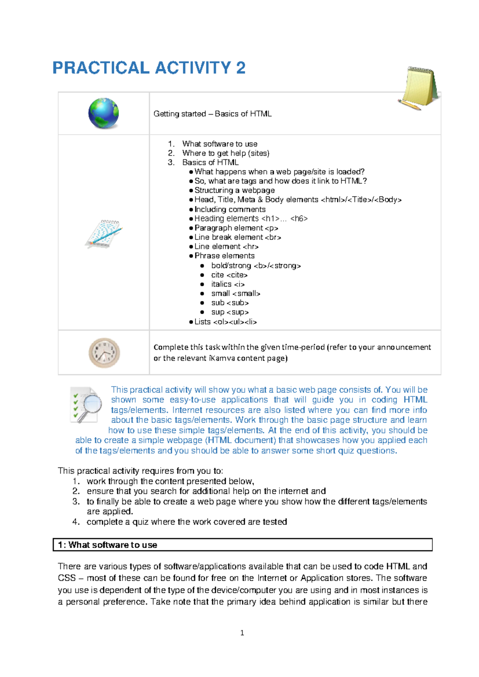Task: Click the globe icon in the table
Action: point(103,113)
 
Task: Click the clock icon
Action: point(104,353)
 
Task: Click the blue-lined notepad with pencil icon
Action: point(103,234)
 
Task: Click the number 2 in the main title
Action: point(241,68)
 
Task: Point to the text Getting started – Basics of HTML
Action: point(212,114)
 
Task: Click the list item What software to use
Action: point(220,144)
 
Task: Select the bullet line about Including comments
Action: point(230,209)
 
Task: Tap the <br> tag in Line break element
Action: point(273,237)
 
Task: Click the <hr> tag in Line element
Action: point(251,247)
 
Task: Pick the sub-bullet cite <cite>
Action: point(229,275)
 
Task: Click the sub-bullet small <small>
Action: point(236,293)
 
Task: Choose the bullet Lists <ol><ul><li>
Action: point(225,322)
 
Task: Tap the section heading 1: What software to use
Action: point(108,545)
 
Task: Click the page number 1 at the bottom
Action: point(242,633)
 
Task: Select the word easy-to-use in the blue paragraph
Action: point(192,400)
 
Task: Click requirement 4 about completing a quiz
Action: point(186,522)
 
